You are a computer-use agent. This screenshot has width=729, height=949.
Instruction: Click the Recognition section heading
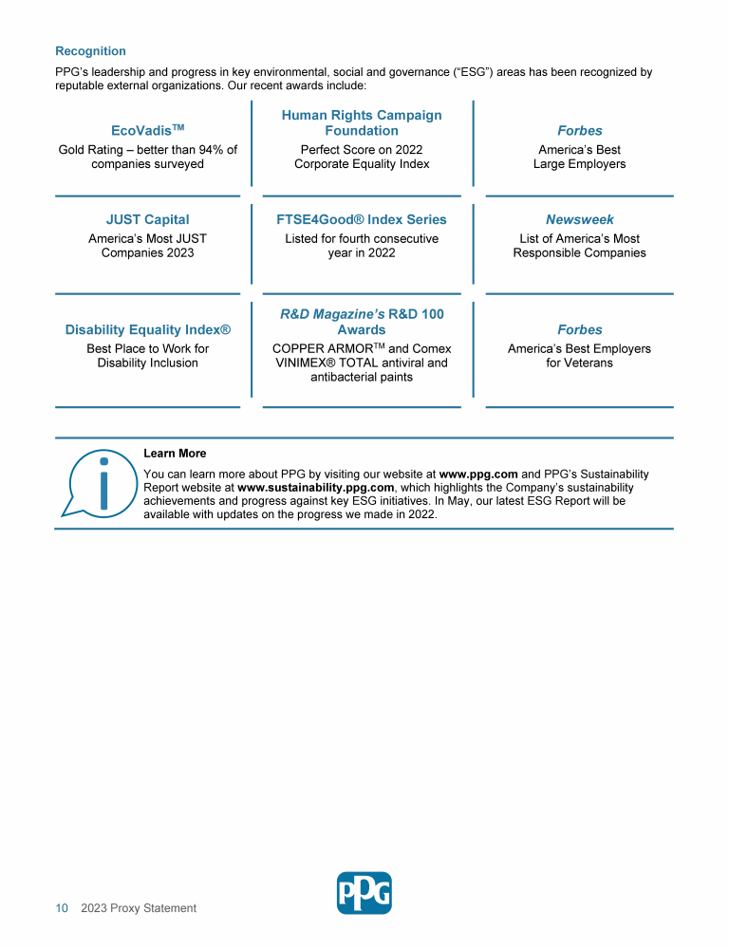(x=90, y=51)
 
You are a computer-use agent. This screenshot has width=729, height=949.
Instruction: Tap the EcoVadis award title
(x=147, y=130)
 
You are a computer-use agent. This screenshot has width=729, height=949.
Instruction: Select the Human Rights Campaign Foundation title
(x=362, y=122)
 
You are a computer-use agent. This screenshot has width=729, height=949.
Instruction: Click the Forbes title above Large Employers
(x=579, y=130)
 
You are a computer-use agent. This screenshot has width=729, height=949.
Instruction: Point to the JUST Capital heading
(x=147, y=219)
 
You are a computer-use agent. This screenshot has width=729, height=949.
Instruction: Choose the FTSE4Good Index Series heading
(x=362, y=219)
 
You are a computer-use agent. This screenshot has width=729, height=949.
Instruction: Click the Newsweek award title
(x=579, y=219)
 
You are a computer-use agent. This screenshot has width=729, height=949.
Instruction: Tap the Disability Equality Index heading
(x=147, y=329)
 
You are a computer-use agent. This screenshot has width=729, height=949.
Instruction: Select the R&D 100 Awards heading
(x=362, y=322)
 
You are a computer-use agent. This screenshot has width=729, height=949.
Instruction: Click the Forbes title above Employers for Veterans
(x=579, y=329)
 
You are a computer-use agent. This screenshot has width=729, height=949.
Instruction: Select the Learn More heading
(x=175, y=454)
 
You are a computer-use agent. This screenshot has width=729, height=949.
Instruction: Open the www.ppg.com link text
(x=478, y=473)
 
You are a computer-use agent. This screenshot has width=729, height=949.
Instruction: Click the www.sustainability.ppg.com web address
(x=316, y=487)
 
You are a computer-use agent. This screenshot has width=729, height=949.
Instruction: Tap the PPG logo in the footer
(x=364, y=893)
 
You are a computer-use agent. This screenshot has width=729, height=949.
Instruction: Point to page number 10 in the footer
(x=62, y=908)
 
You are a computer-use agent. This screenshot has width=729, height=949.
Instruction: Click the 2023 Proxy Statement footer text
(x=139, y=908)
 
